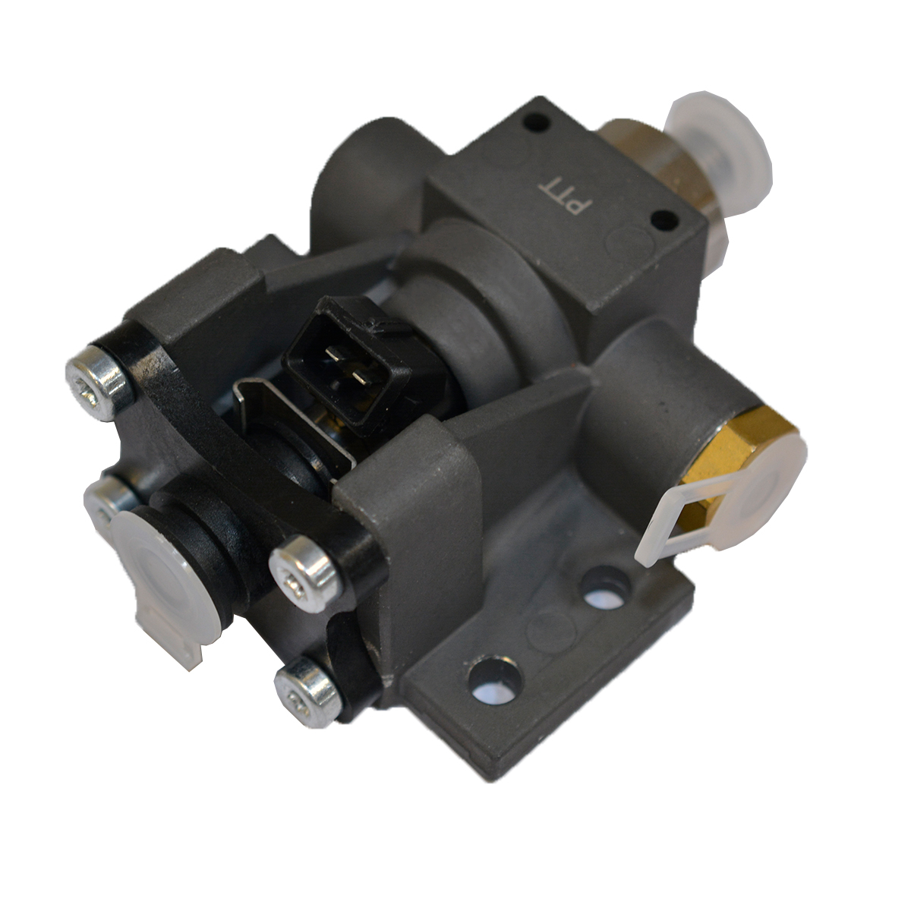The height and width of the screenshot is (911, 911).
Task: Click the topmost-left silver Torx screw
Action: [x=99, y=383]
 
